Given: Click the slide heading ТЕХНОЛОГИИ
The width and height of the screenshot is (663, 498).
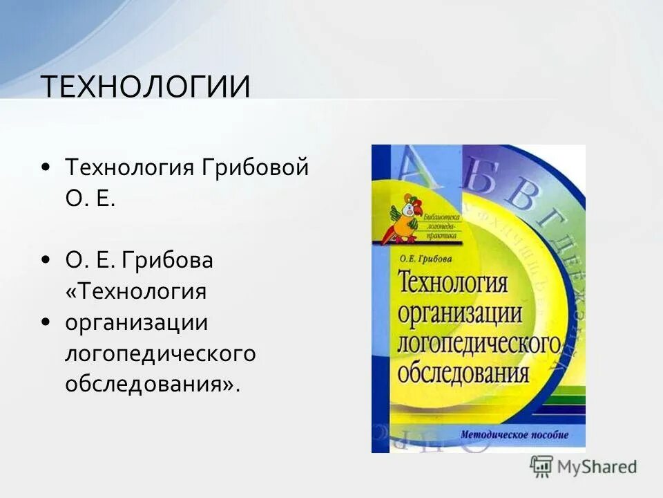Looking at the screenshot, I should (x=145, y=87).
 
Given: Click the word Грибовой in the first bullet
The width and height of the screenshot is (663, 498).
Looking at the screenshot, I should (x=255, y=168).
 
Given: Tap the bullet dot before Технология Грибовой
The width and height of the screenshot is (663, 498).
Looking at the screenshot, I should (x=45, y=167).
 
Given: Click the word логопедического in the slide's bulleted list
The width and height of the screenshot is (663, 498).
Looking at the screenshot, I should (x=160, y=354).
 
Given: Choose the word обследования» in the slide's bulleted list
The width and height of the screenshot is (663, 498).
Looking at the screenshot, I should (x=153, y=384).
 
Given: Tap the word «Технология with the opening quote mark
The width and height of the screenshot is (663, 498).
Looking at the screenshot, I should (x=136, y=291).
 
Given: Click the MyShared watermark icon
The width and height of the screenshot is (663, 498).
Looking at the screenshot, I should (x=541, y=467).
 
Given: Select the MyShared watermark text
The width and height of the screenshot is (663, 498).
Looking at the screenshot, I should (x=599, y=467).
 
